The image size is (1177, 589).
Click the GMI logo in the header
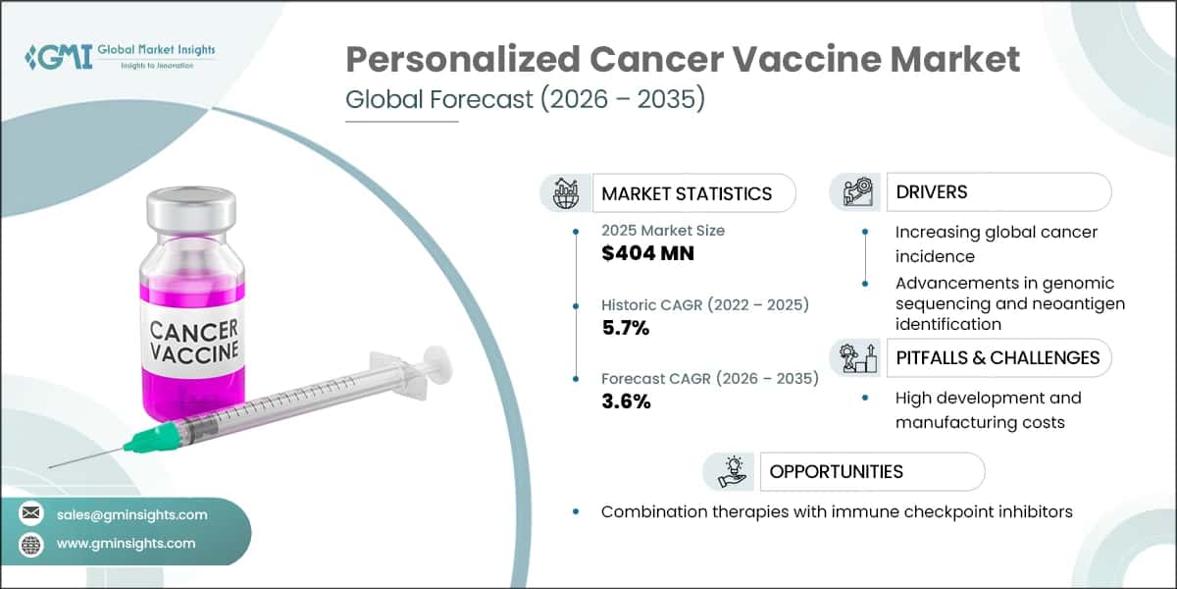[x=59, y=56]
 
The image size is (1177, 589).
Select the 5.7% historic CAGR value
[x=626, y=329]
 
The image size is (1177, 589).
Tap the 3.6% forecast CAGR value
[x=626, y=402]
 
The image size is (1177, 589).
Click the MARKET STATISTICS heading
[x=687, y=193]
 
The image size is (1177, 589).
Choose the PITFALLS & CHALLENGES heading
[x=998, y=357]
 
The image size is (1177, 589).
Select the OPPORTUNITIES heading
[x=836, y=471]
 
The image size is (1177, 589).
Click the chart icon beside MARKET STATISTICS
[x=567, y=192]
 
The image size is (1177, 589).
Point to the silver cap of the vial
[x=191, y=208]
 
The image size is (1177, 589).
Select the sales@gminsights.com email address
[x=132, y=514]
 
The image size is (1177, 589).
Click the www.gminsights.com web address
[x=127, y=543]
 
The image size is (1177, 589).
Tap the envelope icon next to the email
[x=31, y=514]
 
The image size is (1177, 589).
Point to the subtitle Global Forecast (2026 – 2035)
[x=525, y=100]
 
